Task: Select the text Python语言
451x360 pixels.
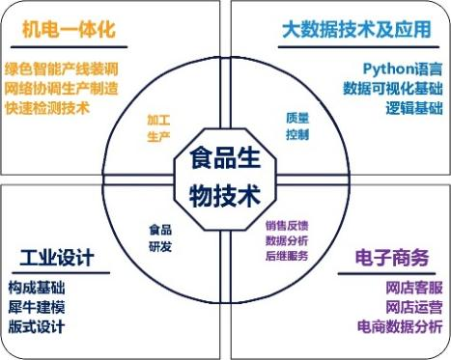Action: coord(403,69)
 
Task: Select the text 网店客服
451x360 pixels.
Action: coord(414,288)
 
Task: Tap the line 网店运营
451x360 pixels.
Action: coord(414,307)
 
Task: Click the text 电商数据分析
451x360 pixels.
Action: coord(400,326)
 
